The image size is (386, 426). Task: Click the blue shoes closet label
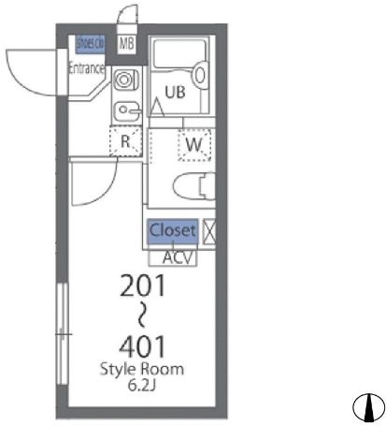[x=90, y=44]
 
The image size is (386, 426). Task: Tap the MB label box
[x=125, y=44]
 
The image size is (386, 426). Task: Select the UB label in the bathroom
[x=176, y=91]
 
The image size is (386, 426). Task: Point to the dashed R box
[x=126, y=143]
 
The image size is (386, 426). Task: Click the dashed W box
[x=194, y=144]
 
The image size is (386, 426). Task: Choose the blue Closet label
[x=173, y=230]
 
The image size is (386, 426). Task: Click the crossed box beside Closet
[x=210, y=230]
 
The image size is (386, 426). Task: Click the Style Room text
[x=142, y=368]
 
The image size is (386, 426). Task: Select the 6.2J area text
[x=142, y=384]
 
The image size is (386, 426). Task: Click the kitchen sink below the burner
[x=125, y=111]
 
